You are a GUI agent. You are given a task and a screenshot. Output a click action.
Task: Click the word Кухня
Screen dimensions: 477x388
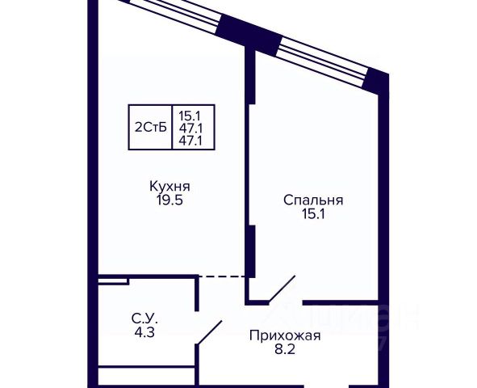169,187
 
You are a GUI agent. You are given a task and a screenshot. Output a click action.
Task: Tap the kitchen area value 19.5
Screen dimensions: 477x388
169,200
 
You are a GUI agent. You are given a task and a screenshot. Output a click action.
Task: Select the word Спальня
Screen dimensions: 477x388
313,200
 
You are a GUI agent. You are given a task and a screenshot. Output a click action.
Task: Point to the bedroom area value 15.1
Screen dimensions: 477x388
313,214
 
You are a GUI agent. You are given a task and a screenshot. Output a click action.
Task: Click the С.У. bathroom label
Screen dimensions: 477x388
144,318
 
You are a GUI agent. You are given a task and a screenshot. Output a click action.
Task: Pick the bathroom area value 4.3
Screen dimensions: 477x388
144,332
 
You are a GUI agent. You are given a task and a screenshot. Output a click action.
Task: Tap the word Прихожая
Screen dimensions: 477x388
285,336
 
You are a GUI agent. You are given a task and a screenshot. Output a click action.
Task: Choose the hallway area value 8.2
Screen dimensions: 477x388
285,350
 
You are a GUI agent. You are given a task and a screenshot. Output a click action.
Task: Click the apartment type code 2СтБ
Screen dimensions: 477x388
151,128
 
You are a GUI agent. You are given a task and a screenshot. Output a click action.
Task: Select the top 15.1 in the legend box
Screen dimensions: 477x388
190,116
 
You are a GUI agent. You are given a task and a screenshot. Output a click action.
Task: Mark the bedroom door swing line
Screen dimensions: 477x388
282,289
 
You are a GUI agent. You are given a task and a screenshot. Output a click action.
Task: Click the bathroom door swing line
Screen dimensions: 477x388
209,333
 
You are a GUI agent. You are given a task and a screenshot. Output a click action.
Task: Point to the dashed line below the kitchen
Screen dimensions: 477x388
223,276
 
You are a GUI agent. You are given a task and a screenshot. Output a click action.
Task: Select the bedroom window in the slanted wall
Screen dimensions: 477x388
323,61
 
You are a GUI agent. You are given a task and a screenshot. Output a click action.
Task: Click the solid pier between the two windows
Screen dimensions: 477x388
249,34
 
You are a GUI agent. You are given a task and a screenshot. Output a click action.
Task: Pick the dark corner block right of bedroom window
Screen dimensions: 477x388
376,81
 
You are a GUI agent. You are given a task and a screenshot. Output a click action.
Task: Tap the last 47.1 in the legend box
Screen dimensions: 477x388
190,141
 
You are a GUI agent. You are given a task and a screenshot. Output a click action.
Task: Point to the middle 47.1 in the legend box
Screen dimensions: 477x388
190,129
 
